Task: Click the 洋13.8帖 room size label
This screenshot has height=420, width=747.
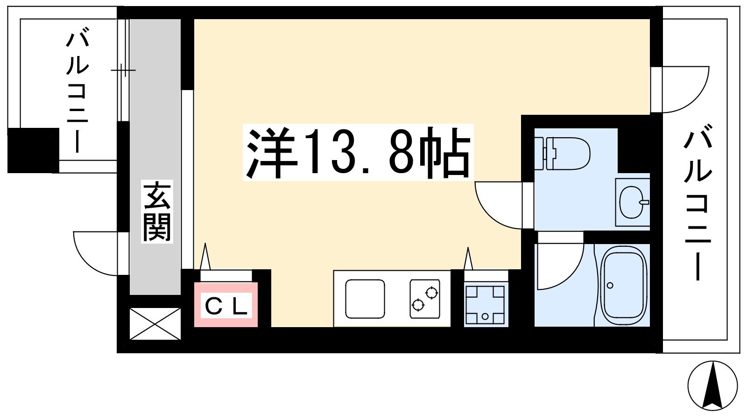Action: (x=358, y=152)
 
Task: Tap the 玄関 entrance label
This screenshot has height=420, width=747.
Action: (x=157, y=211)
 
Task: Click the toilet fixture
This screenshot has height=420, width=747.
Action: (x=562, y=154)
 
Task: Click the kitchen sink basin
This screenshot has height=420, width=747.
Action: (x=365, y=299)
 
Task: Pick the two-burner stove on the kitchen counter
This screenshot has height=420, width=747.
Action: (x=425, y=299)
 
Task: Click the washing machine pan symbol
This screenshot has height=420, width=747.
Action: (x=486, y=305)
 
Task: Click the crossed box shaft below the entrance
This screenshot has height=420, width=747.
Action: (x=155, y=324)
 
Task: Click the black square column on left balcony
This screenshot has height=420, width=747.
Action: (x=33, y=150)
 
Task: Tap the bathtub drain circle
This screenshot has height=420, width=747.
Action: (x=610, y=285)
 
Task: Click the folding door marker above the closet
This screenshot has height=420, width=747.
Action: (x=205, y=256)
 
